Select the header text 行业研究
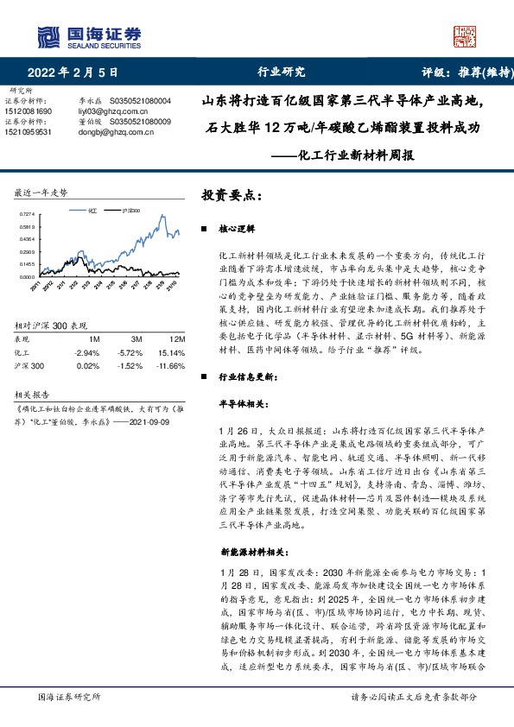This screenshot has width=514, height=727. click(282, 72)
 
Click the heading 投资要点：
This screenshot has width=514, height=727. click(232, 195)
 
